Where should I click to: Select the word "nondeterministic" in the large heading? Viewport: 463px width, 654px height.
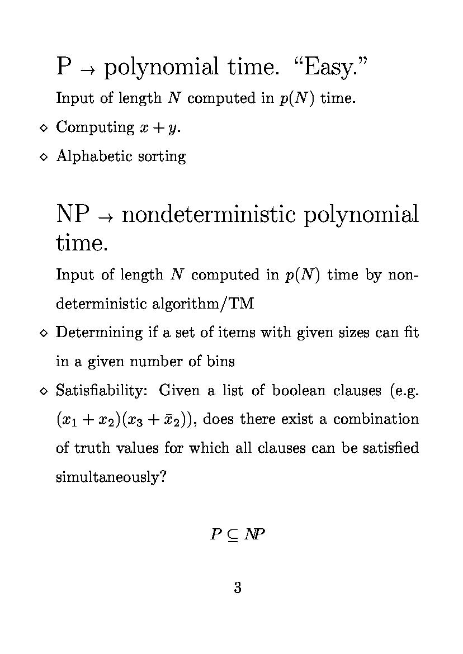pos(208,215)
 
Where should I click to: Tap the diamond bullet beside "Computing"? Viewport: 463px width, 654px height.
pos(44,128)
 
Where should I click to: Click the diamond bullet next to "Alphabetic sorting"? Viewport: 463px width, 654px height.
pos(44,157)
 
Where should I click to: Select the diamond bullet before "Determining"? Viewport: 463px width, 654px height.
pos(44,333)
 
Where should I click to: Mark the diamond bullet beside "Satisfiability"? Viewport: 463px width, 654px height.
pos(44,391)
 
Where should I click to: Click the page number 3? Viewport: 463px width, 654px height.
pos(237,587)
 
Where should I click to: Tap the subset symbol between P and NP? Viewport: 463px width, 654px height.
pos(233,535)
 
